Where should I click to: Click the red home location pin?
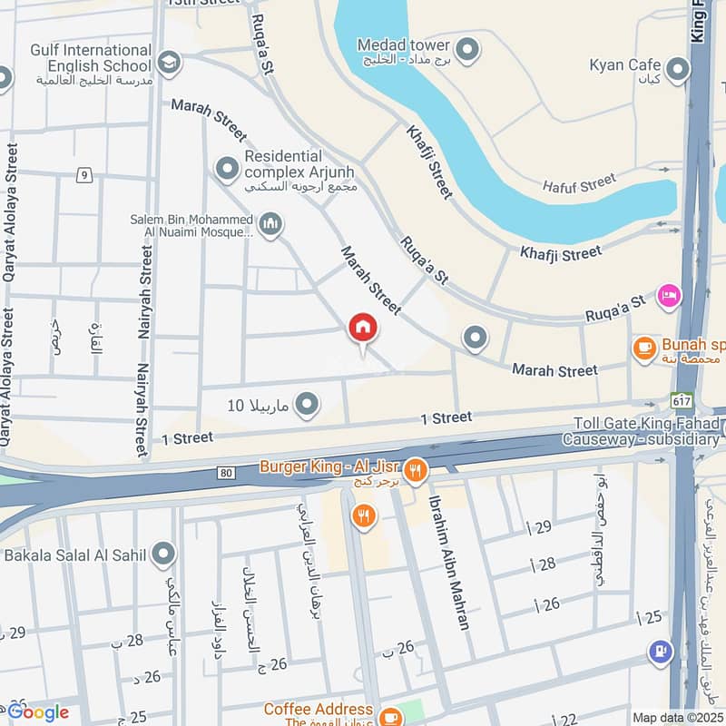click(x=363, y=329)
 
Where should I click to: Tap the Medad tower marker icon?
click(x=467, y=49)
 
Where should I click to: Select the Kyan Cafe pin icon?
click(x=677, y=68)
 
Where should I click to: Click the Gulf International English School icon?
click(x=168, y=62)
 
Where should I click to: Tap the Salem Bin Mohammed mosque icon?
click(x=270, y=224)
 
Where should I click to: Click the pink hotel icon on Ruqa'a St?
click(x=669, y=297)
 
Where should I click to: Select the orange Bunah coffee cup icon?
click(x=644, y=348)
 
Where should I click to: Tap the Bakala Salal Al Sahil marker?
click(x=163, y=553)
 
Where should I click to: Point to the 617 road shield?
click(x=681, y=400)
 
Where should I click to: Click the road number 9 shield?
click(x=83, y=174)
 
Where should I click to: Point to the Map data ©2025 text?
click(x=677, y=717)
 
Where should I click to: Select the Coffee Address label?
click(x=318, y=708)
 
